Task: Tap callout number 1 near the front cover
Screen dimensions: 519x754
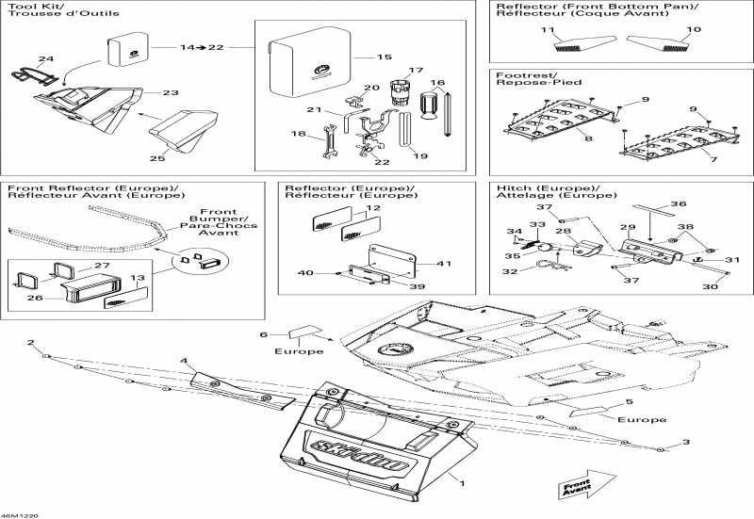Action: [462, 483]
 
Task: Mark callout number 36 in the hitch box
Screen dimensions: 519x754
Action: [679, 203]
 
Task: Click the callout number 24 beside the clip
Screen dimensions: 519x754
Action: [45, 59]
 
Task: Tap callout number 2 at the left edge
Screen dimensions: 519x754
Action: [30, 342]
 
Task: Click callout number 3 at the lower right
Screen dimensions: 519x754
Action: [686, 442]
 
